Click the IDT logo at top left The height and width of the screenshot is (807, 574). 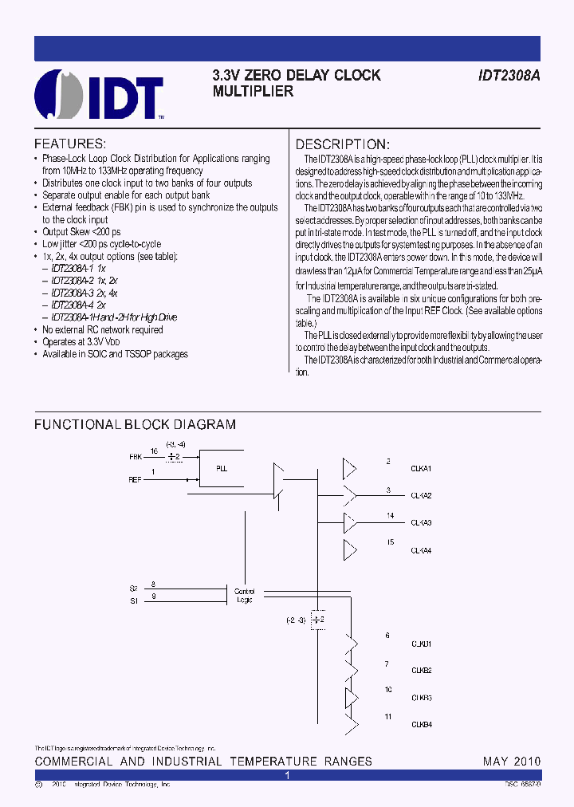tap(99, 95)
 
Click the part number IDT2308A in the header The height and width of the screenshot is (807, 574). tap(509, 76)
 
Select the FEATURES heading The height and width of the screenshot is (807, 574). tap(70, 144)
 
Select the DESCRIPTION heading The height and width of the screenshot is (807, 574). tap(342, 144)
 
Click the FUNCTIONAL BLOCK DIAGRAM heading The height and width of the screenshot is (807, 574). tap(135, 425)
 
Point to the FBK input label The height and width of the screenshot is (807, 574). tap(136, 457)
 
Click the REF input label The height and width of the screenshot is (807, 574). tap(136, 480)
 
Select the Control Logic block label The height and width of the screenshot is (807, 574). tap(243, 596)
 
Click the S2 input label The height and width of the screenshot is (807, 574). tap(133, 588)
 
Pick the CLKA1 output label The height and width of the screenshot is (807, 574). tap(421, 468)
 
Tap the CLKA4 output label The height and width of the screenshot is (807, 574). tap(421, 551)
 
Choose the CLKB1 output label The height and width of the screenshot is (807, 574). tap(421, 643)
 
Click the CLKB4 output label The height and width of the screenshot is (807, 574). tap(421, 725)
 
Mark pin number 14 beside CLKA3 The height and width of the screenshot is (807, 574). tap(390, 516)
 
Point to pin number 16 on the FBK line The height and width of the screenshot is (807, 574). tap(154, 451)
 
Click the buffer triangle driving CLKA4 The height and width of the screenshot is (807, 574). tap(350, 549)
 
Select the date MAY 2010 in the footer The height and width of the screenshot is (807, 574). tap(512, 762)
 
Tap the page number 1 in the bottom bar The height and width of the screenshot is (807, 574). tap(287, 775)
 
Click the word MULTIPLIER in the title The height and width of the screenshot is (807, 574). tap(253, 92)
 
